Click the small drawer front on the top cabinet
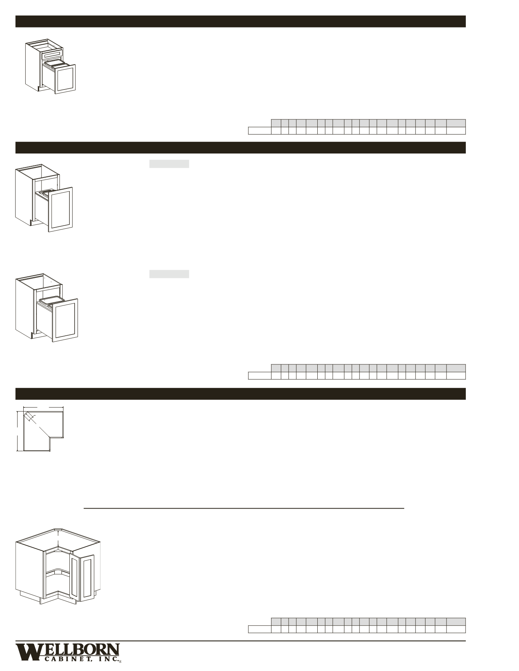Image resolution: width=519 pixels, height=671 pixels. tap(52, 53)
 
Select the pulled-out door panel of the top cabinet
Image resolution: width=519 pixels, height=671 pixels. tap(64, 79)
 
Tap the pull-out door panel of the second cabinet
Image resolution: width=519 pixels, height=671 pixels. tap(60, 209)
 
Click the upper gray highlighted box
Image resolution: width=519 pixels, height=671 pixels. tap(169, 164)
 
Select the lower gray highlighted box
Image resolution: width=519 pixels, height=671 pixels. tap(169, 274)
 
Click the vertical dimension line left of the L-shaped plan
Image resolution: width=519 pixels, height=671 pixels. tap(17, 430)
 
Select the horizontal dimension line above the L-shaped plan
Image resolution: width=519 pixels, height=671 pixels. tap(43, 407)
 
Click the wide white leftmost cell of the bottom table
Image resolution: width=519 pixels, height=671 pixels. tap(259, 629)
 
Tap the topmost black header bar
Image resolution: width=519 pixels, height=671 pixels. tap(240, 21)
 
